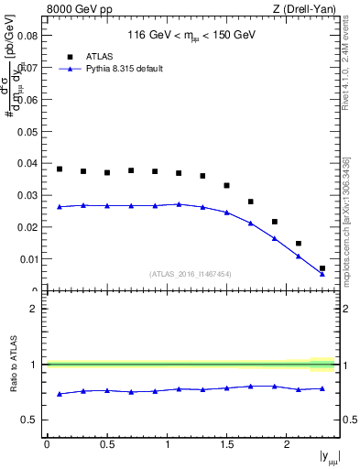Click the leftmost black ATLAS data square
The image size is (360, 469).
60,169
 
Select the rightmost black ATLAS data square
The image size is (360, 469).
322,268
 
